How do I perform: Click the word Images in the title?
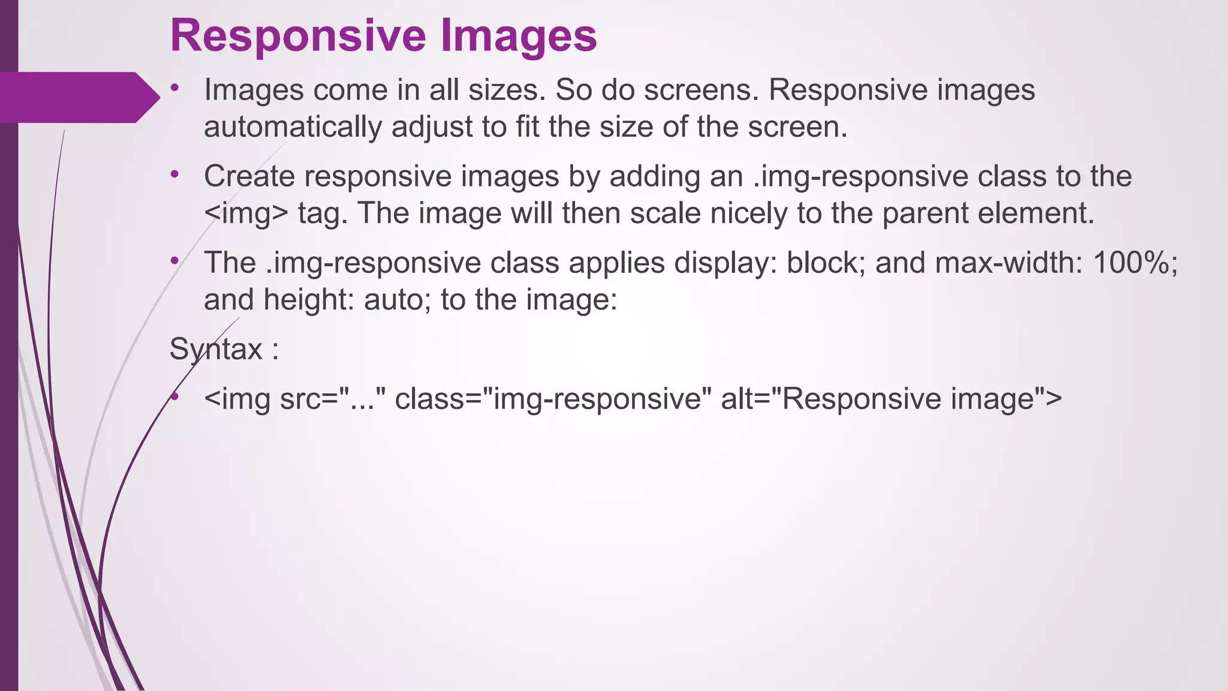[x=519, y=36]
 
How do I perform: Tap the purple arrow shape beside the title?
[x=78, y=97]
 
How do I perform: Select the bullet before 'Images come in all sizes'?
[x=174, y=89]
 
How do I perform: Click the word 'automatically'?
[x=293, y=127]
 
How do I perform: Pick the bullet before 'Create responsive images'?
[x=174, y=175]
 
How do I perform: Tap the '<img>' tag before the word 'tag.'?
[x=246, y=214]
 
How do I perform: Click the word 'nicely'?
[x=748, y=214]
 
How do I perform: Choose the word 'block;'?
[x=826, y=263]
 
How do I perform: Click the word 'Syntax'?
[x=216, y=349]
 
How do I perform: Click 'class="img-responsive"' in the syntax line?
[x=553, y=399]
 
